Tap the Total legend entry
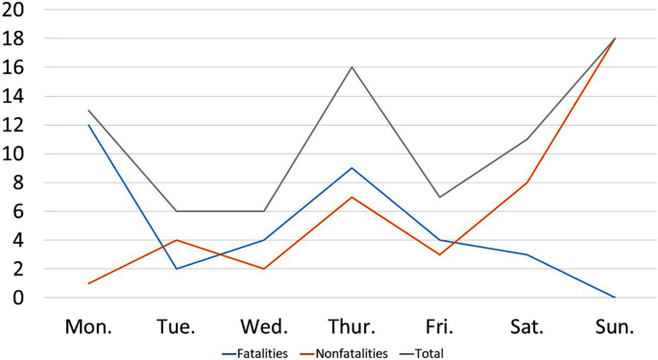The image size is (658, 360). point(432,352)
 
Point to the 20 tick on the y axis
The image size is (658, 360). point(14,10)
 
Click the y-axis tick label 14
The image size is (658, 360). point(14,96)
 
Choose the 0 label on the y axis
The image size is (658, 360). point(19,298)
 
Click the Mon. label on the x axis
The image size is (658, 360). point(88,326)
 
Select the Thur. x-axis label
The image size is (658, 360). point(352,326)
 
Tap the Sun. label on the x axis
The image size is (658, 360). point(614,326)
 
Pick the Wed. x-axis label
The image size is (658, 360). point(264,326)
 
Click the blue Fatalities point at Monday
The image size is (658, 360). point(88,125)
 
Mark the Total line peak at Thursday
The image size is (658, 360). point(352,67)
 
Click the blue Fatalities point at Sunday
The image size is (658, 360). point(614,298)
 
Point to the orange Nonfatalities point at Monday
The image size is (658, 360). point(88,283)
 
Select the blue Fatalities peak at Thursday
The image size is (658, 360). point(352,168)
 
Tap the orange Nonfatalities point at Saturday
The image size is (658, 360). point(526,182)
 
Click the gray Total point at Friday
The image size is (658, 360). point(439,197)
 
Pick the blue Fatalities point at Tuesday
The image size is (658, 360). point(176,269)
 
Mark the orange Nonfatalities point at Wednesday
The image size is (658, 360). point(264,269)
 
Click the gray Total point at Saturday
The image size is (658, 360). point(526,139)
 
